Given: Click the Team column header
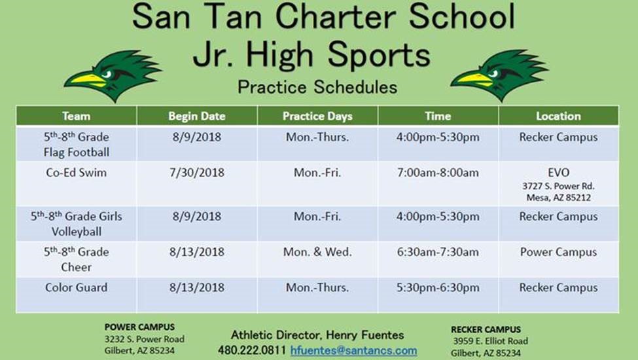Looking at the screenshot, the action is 76,117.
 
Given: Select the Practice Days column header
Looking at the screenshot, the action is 317,117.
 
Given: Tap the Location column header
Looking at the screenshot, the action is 558,117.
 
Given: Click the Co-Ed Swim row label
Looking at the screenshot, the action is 77,173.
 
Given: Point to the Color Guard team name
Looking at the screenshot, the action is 77,287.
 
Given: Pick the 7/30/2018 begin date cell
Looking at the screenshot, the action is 197,173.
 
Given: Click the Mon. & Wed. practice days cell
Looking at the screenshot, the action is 317,252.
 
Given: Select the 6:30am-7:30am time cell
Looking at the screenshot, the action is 438,252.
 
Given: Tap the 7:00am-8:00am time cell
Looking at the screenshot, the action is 438,173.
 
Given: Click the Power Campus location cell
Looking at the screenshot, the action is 558,252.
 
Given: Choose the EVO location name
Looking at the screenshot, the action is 558,173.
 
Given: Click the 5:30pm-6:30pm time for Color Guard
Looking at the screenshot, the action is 438,287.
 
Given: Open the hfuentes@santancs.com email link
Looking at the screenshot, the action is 353,351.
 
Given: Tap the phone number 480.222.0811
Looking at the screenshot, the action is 252,350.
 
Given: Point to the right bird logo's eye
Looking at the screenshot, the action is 493,73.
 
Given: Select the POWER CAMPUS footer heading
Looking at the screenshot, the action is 139,327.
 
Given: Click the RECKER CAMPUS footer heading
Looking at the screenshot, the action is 486,329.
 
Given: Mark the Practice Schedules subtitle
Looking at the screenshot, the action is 317,87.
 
